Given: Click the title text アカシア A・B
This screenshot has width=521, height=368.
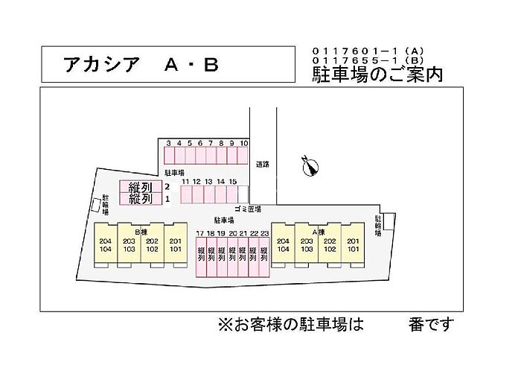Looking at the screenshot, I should tap(141, 66).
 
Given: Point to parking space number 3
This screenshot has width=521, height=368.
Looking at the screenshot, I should tap(170, 155).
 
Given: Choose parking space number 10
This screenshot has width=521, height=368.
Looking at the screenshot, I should tap(243, 155).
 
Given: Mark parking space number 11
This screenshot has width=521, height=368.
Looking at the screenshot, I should tap(185, 194).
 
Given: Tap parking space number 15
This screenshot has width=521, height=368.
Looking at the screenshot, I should tap(232, 194).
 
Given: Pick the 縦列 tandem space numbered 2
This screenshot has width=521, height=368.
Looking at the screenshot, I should tap(141, 186).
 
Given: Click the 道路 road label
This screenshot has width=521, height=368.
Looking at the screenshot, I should tap(261, 164).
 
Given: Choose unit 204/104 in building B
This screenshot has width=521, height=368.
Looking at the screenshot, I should tap(103, 246).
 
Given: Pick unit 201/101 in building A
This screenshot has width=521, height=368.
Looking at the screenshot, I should tap(353, 246).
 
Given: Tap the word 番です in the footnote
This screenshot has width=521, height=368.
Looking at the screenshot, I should tap(430, 325).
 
